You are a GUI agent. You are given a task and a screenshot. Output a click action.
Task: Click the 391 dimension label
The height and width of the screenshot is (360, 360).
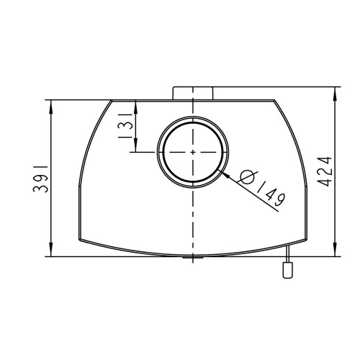click(40, 179)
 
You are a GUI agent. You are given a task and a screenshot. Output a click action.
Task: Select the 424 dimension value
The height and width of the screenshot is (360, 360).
click(326, 171)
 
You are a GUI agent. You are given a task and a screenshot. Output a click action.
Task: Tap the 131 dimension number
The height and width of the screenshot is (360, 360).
click(125, 126)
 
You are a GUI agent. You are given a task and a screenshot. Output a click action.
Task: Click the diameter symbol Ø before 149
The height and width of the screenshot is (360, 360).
click(248, 177)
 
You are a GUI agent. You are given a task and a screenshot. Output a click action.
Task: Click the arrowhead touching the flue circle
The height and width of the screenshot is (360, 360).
click(225, 174)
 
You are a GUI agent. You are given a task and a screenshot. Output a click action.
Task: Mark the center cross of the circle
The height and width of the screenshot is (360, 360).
click(193, 152)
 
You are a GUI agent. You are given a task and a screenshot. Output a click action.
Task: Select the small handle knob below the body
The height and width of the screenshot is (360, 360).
click(288, 270)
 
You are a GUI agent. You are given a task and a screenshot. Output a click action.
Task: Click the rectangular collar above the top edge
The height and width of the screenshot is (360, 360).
click(193, 93)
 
